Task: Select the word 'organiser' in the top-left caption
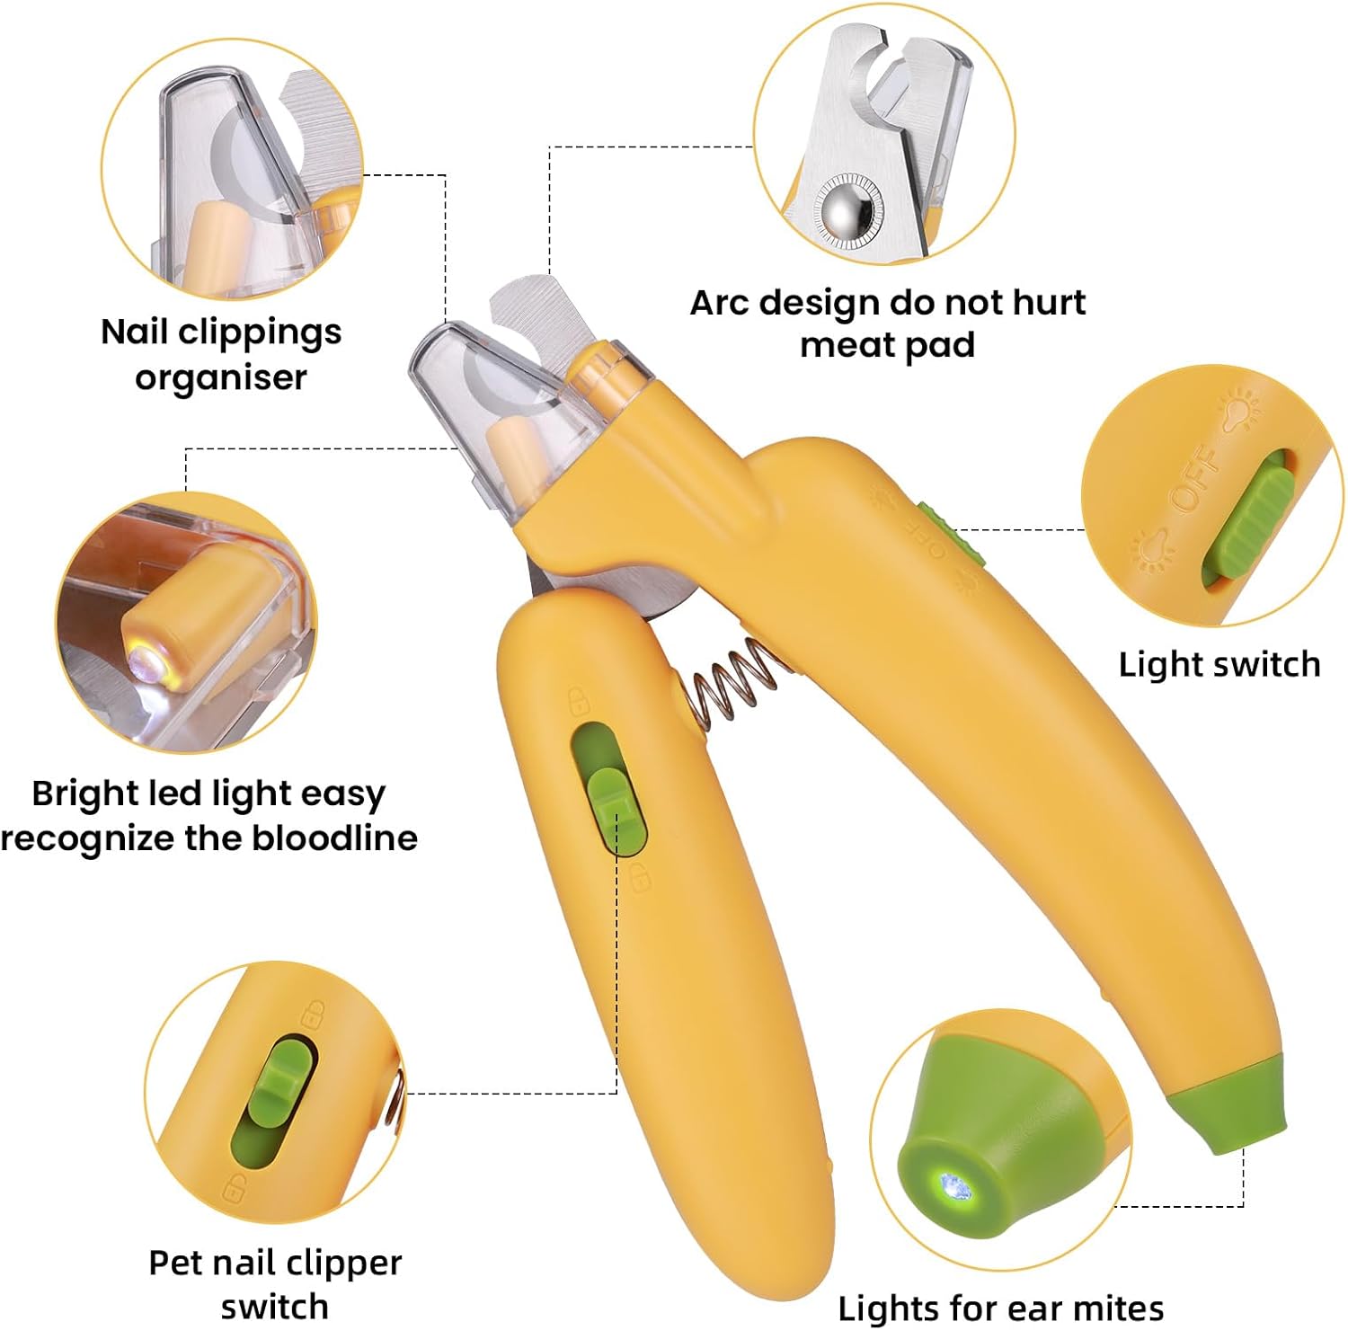pos(221,377)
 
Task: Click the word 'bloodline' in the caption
pos(334,838)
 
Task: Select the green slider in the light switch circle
pos(1249,522)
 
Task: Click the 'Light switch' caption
pos(1219,664)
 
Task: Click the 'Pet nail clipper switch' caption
pos(275,1283)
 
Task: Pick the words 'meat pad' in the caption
pos(887,346)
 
